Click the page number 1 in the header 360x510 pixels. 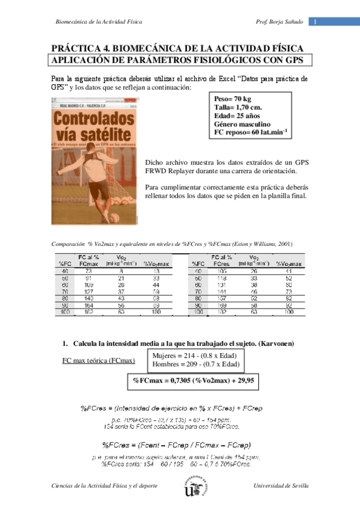(x=314, y=22)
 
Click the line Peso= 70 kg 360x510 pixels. (x=232, y=99)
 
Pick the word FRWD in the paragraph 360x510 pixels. (x=159, y=172)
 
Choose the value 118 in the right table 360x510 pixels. (x=221, y=278)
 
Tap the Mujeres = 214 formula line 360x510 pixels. (x=197, y=355)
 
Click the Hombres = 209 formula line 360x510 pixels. (x=197, y=364)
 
